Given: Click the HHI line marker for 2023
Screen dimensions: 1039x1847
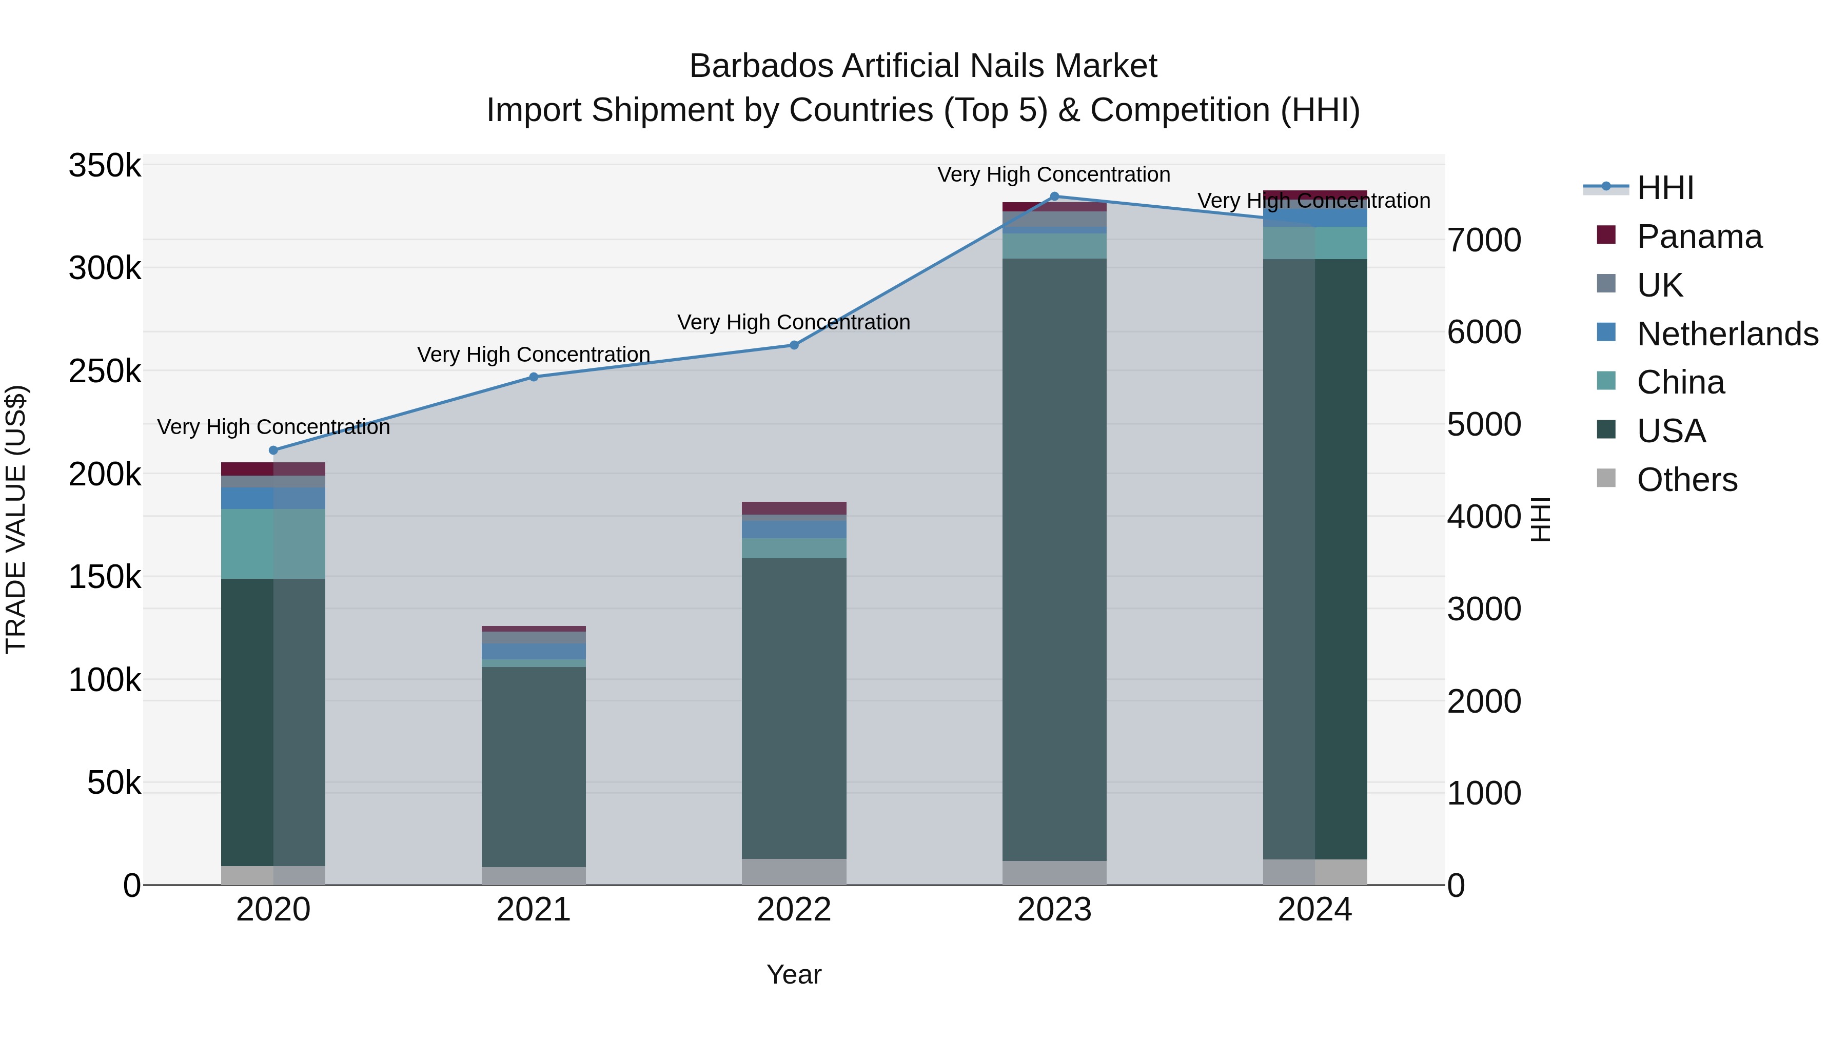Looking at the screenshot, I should click(x=1054, y=197).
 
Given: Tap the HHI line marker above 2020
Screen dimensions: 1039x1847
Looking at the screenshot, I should click(x=273, y=450).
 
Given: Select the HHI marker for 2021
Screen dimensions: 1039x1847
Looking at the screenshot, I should click(x=534, y=377).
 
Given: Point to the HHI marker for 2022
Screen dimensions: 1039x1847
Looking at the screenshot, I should click(x=794, y=345).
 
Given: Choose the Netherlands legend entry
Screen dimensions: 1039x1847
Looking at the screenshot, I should click(x=1726, y=334).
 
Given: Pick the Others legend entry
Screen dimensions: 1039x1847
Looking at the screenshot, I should click(x=1686, y=480).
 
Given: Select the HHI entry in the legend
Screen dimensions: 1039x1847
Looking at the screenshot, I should click(x=1665, y=188).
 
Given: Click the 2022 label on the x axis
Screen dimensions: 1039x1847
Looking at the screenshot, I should click(x=794, y=910).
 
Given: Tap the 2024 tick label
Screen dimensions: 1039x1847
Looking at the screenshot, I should click(x=1314, y=910).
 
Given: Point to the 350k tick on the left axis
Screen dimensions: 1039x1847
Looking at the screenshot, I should click(x=105, y=166).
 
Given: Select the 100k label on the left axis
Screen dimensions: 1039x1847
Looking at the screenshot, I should click(x=105, y=680).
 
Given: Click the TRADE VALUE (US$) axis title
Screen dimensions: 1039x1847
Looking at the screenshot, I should click(x=16, y=519).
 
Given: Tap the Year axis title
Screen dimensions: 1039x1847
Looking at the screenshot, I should click(x=794, y=974).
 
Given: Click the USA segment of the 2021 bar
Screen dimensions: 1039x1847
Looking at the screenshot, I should click(x=534, y=767).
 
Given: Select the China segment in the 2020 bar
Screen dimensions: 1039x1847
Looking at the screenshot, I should click(x=273, y=543).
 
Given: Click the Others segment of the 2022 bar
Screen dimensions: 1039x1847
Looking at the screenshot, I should click(x=794, y=872).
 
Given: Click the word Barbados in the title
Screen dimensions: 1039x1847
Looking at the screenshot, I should click(x=761, y=66).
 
